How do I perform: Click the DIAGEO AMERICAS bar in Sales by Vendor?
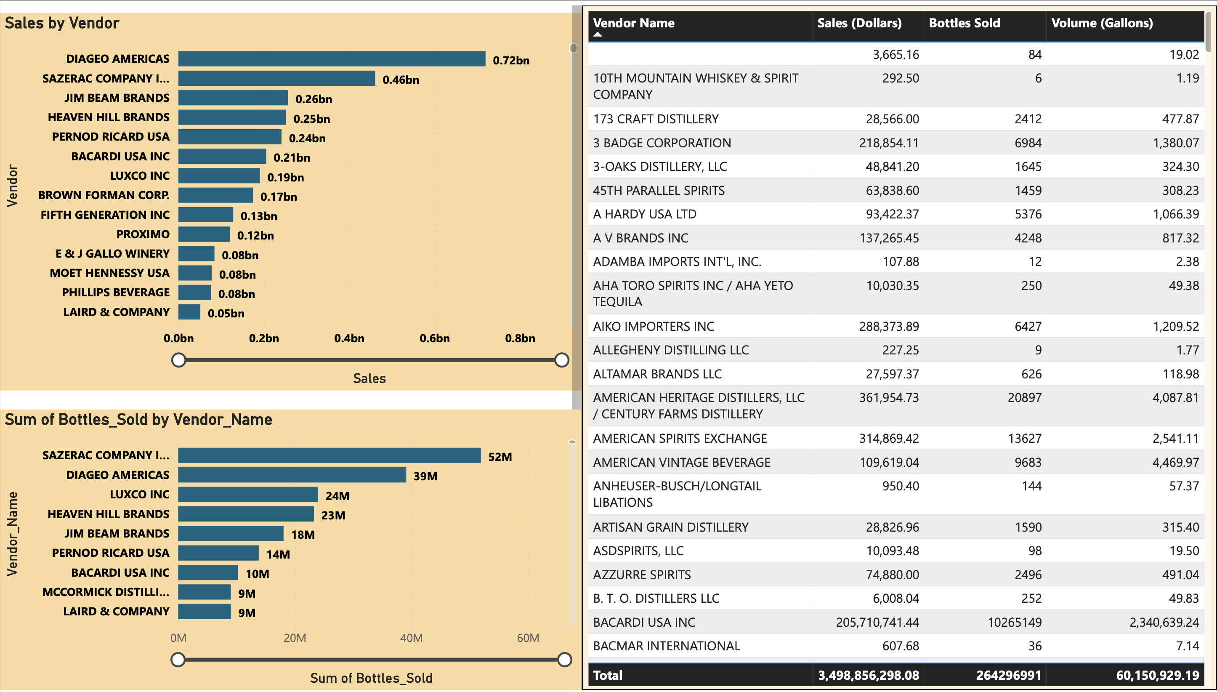(332, 59)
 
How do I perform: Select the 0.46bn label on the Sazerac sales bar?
(401, 80)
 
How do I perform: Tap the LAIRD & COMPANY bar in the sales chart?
(189, 312)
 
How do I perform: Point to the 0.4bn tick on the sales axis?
(349, 338)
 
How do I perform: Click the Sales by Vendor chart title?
(62, 23)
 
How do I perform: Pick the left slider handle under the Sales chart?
(178, 360)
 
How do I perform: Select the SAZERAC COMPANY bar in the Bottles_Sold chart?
(329, 455)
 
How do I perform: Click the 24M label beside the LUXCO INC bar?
(337, 496)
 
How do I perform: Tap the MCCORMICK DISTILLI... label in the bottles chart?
(106, 592)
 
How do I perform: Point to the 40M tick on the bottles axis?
(411, 638)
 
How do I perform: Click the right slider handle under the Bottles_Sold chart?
(564, 659)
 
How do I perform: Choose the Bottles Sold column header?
(964, 23)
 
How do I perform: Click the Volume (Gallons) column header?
(1102, 23)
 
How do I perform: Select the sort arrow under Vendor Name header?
(598, 35)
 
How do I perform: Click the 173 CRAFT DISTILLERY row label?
(656, 119)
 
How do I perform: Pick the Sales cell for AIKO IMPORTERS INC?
(888, 326)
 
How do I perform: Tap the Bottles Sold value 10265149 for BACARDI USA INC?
(1014, 622)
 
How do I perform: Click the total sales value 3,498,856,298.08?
(868, 675)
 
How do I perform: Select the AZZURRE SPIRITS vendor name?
(642, 575)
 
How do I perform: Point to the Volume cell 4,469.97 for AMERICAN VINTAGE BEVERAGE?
(1175, 462)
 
